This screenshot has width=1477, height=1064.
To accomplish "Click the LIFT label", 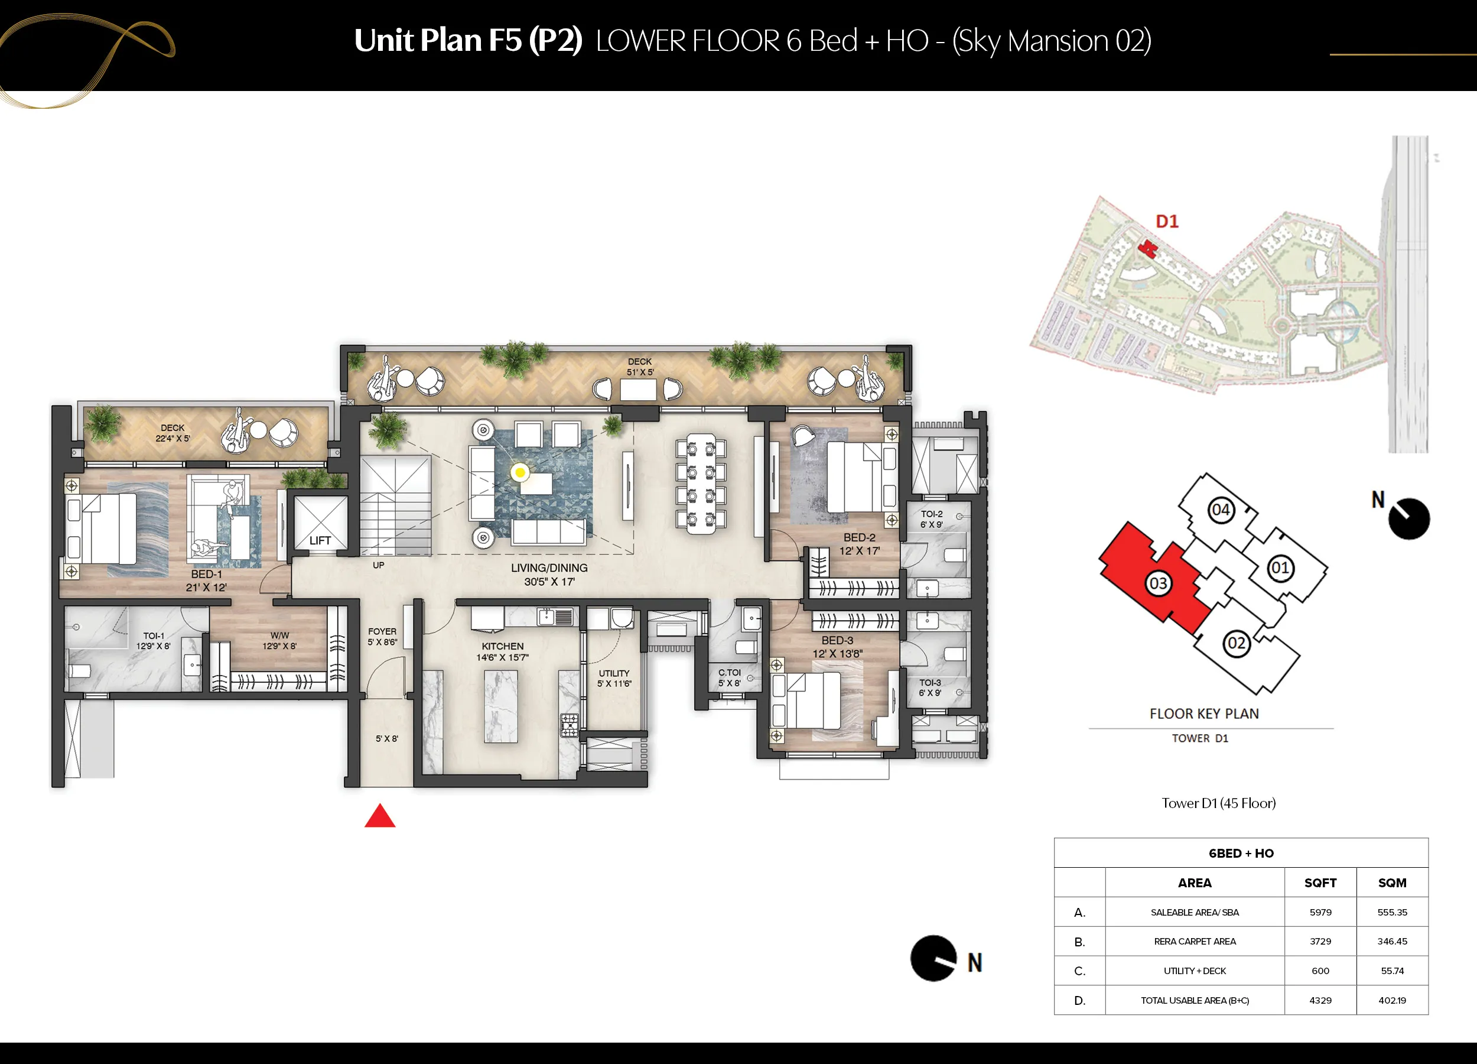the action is pyautogui.click(x=320, y=541).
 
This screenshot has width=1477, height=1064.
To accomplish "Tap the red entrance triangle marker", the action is pyautogui.click(x=380, y=816).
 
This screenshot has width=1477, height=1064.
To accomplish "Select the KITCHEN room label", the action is pyautogui.click(x=503, y=646).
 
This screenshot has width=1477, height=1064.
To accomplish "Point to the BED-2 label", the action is pyautogui.click(x=859, y=537).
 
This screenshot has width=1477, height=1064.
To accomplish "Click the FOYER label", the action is pyautogui.click(x=382, y=631).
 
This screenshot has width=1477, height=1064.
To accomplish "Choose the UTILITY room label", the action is pyautogui.click(x=614, y=673).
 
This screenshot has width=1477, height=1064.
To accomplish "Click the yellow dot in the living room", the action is pyautogui.click(x=520, y=472).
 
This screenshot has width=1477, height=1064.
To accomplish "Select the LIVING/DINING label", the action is pyautogui.click(x=549, y=568).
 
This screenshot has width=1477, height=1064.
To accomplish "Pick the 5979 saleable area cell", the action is pyautogui.click(x=1320, y=912).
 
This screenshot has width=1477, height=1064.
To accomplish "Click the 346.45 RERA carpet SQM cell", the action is pyautogui.click(x=1393, y=942).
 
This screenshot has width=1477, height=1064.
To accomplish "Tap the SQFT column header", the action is pyautogui.click(x=1320, y=883).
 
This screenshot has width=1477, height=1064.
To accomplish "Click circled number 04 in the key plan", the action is pyautogui.click(x=1221, y=510).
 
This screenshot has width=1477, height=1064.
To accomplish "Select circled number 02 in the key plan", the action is pyautogui.click(x=1236, y=644).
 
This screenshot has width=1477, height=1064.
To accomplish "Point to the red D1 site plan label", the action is pyautogui.click(x=1167, y=222).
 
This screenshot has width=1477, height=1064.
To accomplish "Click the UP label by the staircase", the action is pyautogui.click(x=378, y=565).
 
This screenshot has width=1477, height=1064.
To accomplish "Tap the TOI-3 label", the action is pyautogui.click(x=930, y=682).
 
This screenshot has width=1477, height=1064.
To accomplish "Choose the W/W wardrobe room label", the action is pyautogui.click(x=279, y=635).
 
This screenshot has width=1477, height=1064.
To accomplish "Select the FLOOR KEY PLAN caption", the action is pyautogui.click(x=1204, y=713).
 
